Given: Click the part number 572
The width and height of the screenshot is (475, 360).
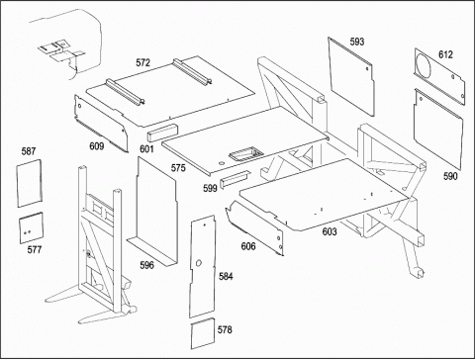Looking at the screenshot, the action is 142,62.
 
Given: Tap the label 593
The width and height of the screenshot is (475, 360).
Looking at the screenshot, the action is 357,42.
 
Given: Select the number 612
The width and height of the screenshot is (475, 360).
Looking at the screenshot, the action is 445,54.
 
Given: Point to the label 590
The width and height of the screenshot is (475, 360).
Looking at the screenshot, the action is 450,176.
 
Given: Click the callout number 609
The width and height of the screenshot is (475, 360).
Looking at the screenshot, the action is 97,146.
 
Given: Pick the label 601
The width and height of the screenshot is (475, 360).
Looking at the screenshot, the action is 146,149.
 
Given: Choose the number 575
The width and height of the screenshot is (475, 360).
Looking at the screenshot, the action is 178,168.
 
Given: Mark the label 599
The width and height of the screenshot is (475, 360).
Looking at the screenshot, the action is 210,188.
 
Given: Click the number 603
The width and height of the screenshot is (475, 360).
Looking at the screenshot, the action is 330,231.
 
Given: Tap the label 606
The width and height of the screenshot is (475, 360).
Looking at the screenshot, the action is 248,246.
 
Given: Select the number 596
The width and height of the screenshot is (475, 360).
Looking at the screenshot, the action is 146,265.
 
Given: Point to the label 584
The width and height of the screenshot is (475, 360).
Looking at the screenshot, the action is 226,276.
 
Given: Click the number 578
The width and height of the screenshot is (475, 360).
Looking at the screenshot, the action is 225,329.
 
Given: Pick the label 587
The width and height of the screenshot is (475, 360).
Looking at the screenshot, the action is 29,151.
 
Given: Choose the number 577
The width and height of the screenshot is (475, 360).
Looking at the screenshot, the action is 35,249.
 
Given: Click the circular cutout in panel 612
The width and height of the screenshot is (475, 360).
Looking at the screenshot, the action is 424,66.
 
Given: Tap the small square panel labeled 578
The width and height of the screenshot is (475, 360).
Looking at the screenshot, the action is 203,333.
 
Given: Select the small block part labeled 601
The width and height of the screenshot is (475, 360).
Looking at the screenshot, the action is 162,132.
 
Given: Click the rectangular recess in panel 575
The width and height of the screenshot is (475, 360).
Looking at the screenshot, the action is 246,153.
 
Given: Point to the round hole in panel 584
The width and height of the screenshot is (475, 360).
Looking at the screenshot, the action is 199,263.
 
